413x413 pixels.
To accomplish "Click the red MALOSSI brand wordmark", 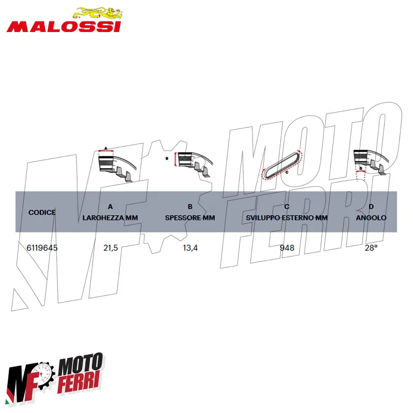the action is (63, 27).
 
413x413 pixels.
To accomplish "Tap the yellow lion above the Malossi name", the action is (98, 13).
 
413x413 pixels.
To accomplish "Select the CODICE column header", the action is (42, 212).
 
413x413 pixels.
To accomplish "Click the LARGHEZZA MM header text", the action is (110, 218).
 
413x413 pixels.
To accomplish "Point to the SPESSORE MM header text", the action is (190, 218).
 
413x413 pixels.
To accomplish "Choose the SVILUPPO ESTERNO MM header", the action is (287, 218).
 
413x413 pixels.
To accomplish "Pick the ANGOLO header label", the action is (371, 218).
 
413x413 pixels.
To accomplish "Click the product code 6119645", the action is (42, 248).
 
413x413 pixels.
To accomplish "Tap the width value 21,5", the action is (110, 248).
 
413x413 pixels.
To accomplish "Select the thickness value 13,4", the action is (190, 248).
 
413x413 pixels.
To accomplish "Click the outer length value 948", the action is (287, 248).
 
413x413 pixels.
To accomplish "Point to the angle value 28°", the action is (371, 248).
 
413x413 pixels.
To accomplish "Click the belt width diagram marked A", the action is (118, 165).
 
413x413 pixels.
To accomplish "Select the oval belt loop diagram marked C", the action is (281, 164).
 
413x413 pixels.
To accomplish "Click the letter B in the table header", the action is (190, 206).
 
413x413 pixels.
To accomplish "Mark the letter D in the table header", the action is (371, 206).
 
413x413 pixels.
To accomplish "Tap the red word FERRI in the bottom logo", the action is (80, 382).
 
